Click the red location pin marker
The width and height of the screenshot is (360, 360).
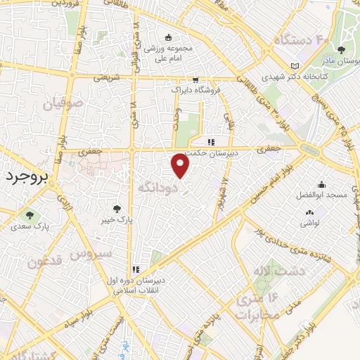[x=181, y=166]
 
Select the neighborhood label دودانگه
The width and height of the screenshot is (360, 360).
[x=155, y=188]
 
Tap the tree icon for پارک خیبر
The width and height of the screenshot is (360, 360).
[x=117, y=208]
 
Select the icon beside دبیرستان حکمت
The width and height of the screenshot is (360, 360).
[x=210, y=142]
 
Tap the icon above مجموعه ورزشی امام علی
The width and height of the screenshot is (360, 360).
[x=167, y=38]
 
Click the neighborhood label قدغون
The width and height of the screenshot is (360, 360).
[x=44, y=262]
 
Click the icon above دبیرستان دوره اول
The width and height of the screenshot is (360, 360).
[x=134, y=269]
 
